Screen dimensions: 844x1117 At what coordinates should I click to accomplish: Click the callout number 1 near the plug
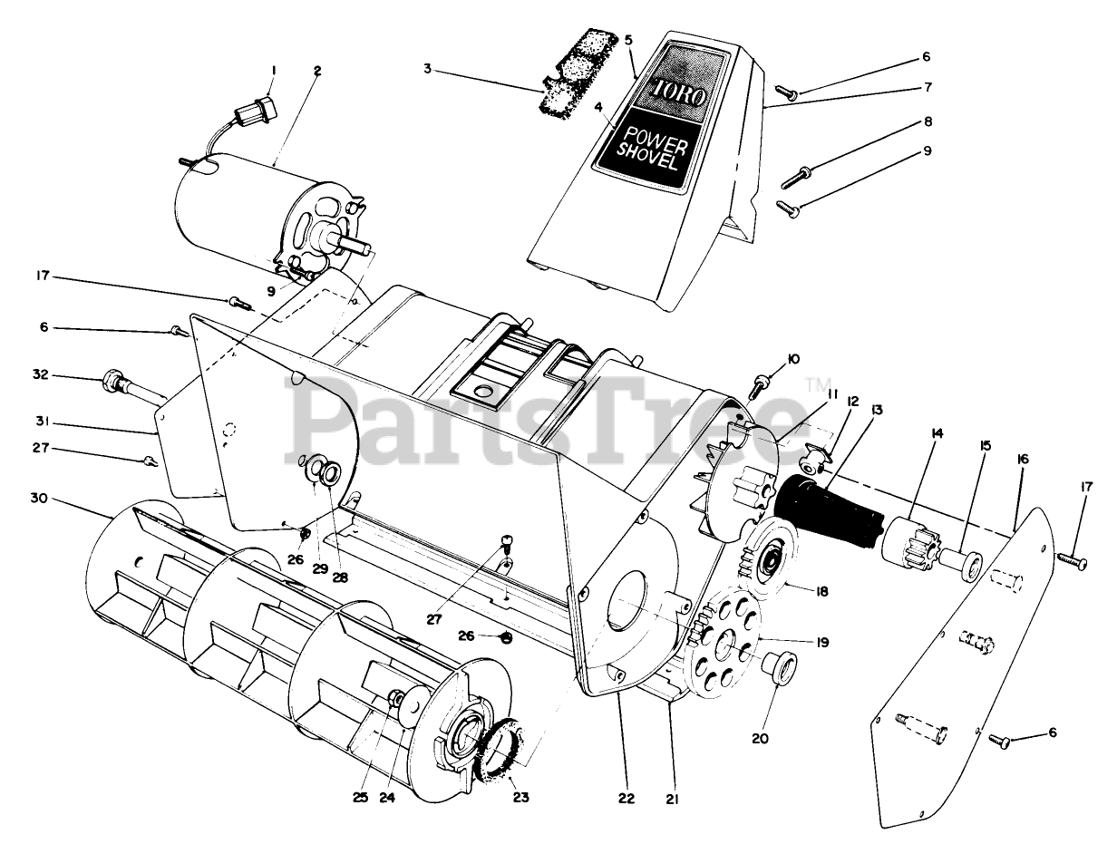(274, 70)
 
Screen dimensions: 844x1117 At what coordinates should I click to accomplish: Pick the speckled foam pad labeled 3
(567, 84)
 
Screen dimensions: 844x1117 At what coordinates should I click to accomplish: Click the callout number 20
(760, 738)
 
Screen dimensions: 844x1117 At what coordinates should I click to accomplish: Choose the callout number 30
(37, 498)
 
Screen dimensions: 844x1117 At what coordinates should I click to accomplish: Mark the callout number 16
(1022, 460)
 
